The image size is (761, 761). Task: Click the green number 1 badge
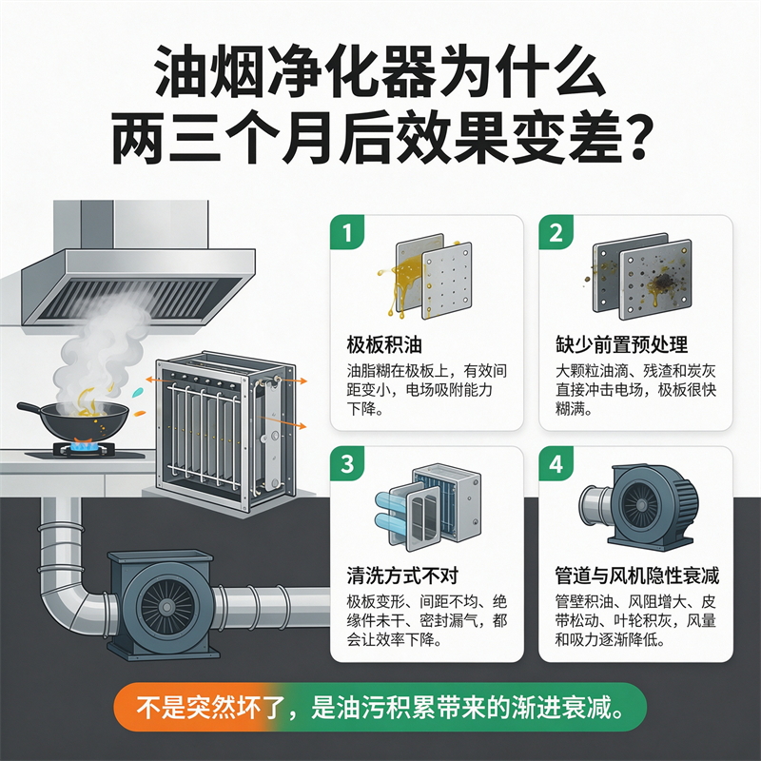[347, 232]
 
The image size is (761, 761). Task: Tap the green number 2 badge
[556, 232]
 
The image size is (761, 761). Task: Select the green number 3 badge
[347, 464]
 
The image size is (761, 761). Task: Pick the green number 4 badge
[556, 464]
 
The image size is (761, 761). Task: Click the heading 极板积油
[384, 344]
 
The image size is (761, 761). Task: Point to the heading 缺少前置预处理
[621, 344]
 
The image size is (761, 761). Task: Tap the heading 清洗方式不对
[402, 576]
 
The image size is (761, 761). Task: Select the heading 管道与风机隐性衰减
[636, 576]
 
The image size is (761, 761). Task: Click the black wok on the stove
[78, 419]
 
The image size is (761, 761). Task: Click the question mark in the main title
[634, 136]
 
